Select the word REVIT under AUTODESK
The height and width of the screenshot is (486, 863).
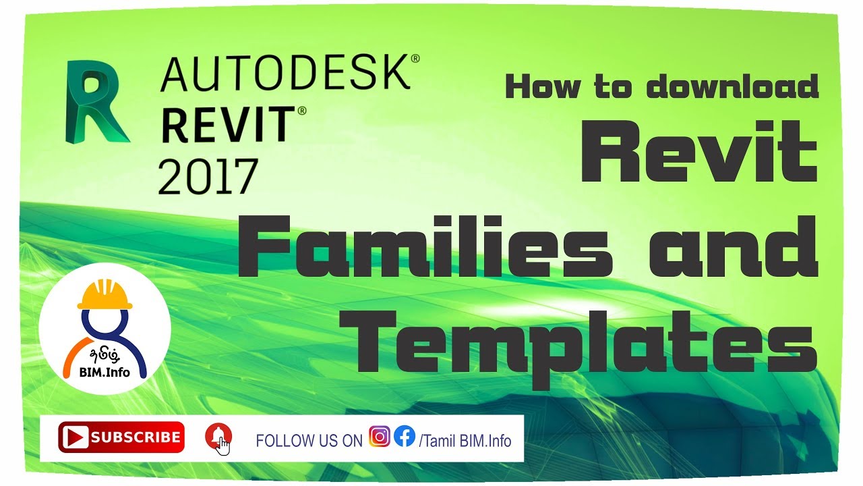(x=228, y=126)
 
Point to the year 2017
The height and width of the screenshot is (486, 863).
(x=208, y=174)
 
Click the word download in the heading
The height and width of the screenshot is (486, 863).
(x=732, y=87)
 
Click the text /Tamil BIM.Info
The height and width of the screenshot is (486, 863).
(x=465, y=441)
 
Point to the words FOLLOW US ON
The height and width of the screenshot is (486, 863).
(x=309, y=441)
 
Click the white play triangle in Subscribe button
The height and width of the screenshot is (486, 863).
(x=75, y=437)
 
